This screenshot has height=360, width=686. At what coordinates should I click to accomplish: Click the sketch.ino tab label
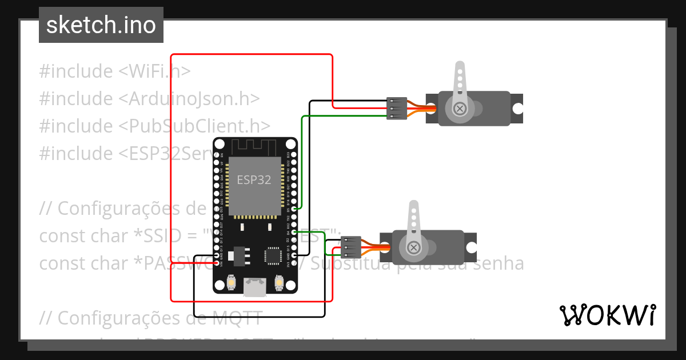point(101,25)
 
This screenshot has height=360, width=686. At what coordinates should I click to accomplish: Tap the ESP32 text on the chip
point(254,179)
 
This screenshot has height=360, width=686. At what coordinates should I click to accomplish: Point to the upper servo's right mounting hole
point(517,108)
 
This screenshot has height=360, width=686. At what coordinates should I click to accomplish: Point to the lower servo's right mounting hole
point(470,247)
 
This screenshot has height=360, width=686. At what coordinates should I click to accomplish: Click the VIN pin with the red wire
point(217,263)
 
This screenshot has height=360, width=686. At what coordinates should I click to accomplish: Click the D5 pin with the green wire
point(293,209)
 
